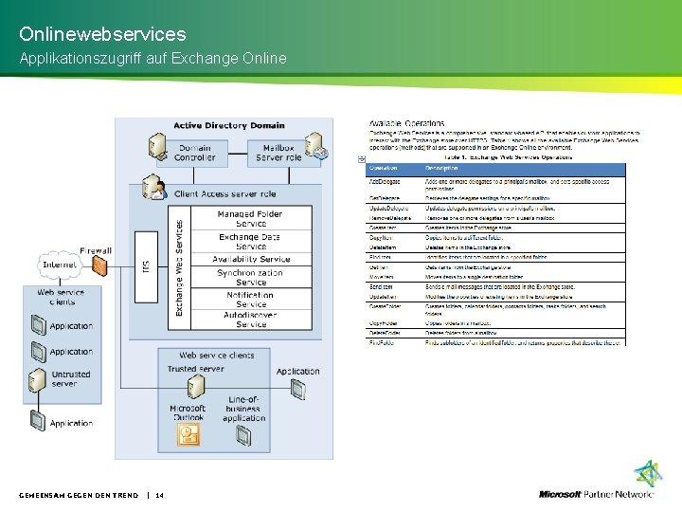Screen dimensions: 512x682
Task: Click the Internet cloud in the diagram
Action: tap(58, 264)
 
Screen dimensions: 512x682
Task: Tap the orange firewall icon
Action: tap(99, 267)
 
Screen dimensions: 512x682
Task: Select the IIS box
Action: tap(145, 266)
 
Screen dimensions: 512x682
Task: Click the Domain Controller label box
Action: tap(194, 152)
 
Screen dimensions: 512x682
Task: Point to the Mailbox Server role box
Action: tap(278, 152)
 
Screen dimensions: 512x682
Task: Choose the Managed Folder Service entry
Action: tap(251, 219)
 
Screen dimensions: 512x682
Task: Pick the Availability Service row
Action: tap(251, 259)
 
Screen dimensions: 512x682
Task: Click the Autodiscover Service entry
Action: tap(251, 319)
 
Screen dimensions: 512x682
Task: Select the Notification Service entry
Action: tap(251, 299)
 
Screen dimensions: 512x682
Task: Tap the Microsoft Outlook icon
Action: tap(189, 435)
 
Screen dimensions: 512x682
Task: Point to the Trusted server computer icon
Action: tap(196, 387)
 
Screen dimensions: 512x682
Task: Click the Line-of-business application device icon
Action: tap(243, 435)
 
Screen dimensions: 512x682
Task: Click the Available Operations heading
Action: tap(406, 124)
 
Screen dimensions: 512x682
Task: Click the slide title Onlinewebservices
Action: tap(102, 34)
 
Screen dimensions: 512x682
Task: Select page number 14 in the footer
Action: tap(159, 495)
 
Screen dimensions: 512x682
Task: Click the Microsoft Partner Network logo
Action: tap(597, 493)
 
